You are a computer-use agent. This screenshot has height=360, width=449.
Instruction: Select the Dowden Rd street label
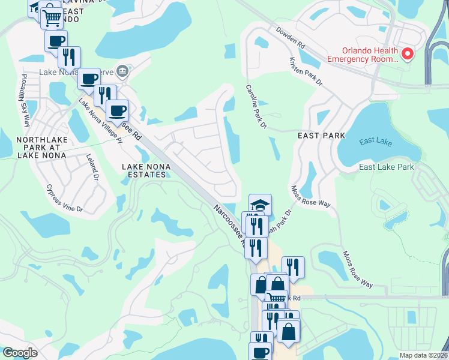point(291,37)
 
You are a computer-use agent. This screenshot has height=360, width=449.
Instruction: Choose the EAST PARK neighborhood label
point(322,136)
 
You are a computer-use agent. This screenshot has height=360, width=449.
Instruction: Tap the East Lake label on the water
point(375,142)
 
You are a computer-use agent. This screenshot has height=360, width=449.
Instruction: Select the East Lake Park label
point(386,167)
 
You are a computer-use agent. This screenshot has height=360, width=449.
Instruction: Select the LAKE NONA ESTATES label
point(143,170)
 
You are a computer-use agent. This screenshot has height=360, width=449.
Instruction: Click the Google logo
point(20,352)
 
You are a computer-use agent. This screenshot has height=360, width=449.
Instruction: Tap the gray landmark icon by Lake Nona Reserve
point(122,71)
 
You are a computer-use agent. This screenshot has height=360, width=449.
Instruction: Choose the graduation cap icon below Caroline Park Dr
point(260,205)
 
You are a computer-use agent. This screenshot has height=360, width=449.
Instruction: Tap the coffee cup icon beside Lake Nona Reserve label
point(89,78)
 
